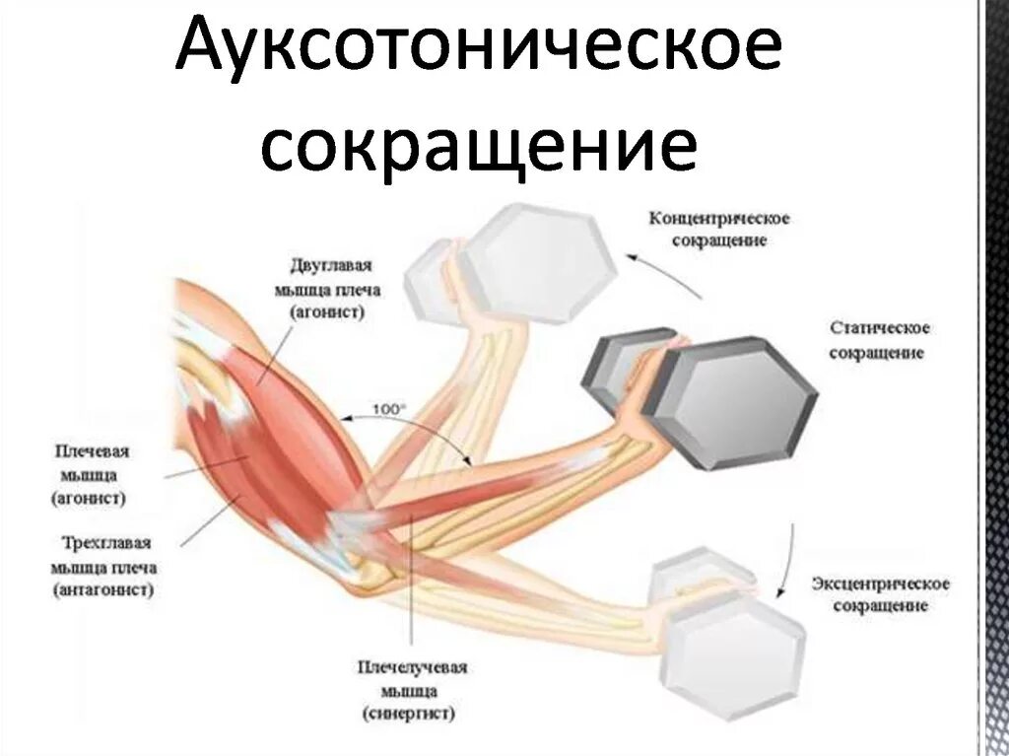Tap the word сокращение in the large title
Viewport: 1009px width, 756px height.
click(479, 146)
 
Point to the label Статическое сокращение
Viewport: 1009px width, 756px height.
click(880, 339)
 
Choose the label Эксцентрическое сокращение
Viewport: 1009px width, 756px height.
click(881, 594)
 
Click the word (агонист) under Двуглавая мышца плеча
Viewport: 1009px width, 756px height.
click(327, 312)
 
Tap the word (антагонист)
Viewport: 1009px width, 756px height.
click(106, 589)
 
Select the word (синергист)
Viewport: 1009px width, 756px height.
click(414, 712)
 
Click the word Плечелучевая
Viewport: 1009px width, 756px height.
click(414, 667)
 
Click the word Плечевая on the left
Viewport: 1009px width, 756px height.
click(93, 450)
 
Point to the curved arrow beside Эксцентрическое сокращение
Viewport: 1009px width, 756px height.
click(788, 558)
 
